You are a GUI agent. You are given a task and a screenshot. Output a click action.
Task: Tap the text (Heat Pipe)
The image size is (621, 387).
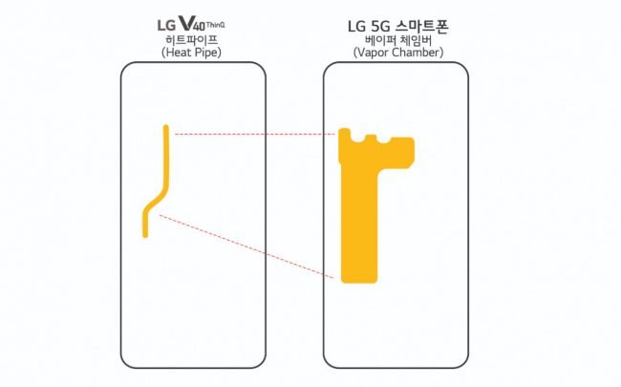[192, 53]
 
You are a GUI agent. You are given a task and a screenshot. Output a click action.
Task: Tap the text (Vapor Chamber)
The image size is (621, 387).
[398, 53]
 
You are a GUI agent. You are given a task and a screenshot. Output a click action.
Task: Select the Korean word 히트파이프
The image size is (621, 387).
[192, 40]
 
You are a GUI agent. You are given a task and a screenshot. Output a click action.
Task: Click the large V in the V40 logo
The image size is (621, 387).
[185, 24]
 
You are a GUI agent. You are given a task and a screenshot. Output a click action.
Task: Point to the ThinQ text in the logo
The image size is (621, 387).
[216, 25]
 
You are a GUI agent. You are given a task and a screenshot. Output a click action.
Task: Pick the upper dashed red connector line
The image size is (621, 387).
[255, 135]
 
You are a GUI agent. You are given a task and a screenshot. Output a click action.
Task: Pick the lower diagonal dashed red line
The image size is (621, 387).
[246, 247]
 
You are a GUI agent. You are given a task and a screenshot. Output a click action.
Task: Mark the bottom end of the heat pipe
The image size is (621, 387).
[145, 237]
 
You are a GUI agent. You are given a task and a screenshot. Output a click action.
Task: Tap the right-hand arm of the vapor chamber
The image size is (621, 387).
[396, 153]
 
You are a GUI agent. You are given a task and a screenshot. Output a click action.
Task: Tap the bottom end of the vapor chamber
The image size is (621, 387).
[359, 279]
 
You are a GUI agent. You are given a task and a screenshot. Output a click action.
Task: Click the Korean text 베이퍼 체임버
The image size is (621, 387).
[398, 40]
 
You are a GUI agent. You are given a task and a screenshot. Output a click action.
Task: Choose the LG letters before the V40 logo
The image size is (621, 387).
[166, 26]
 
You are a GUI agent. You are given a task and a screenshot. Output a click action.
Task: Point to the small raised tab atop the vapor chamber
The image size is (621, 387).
[371, 138]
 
